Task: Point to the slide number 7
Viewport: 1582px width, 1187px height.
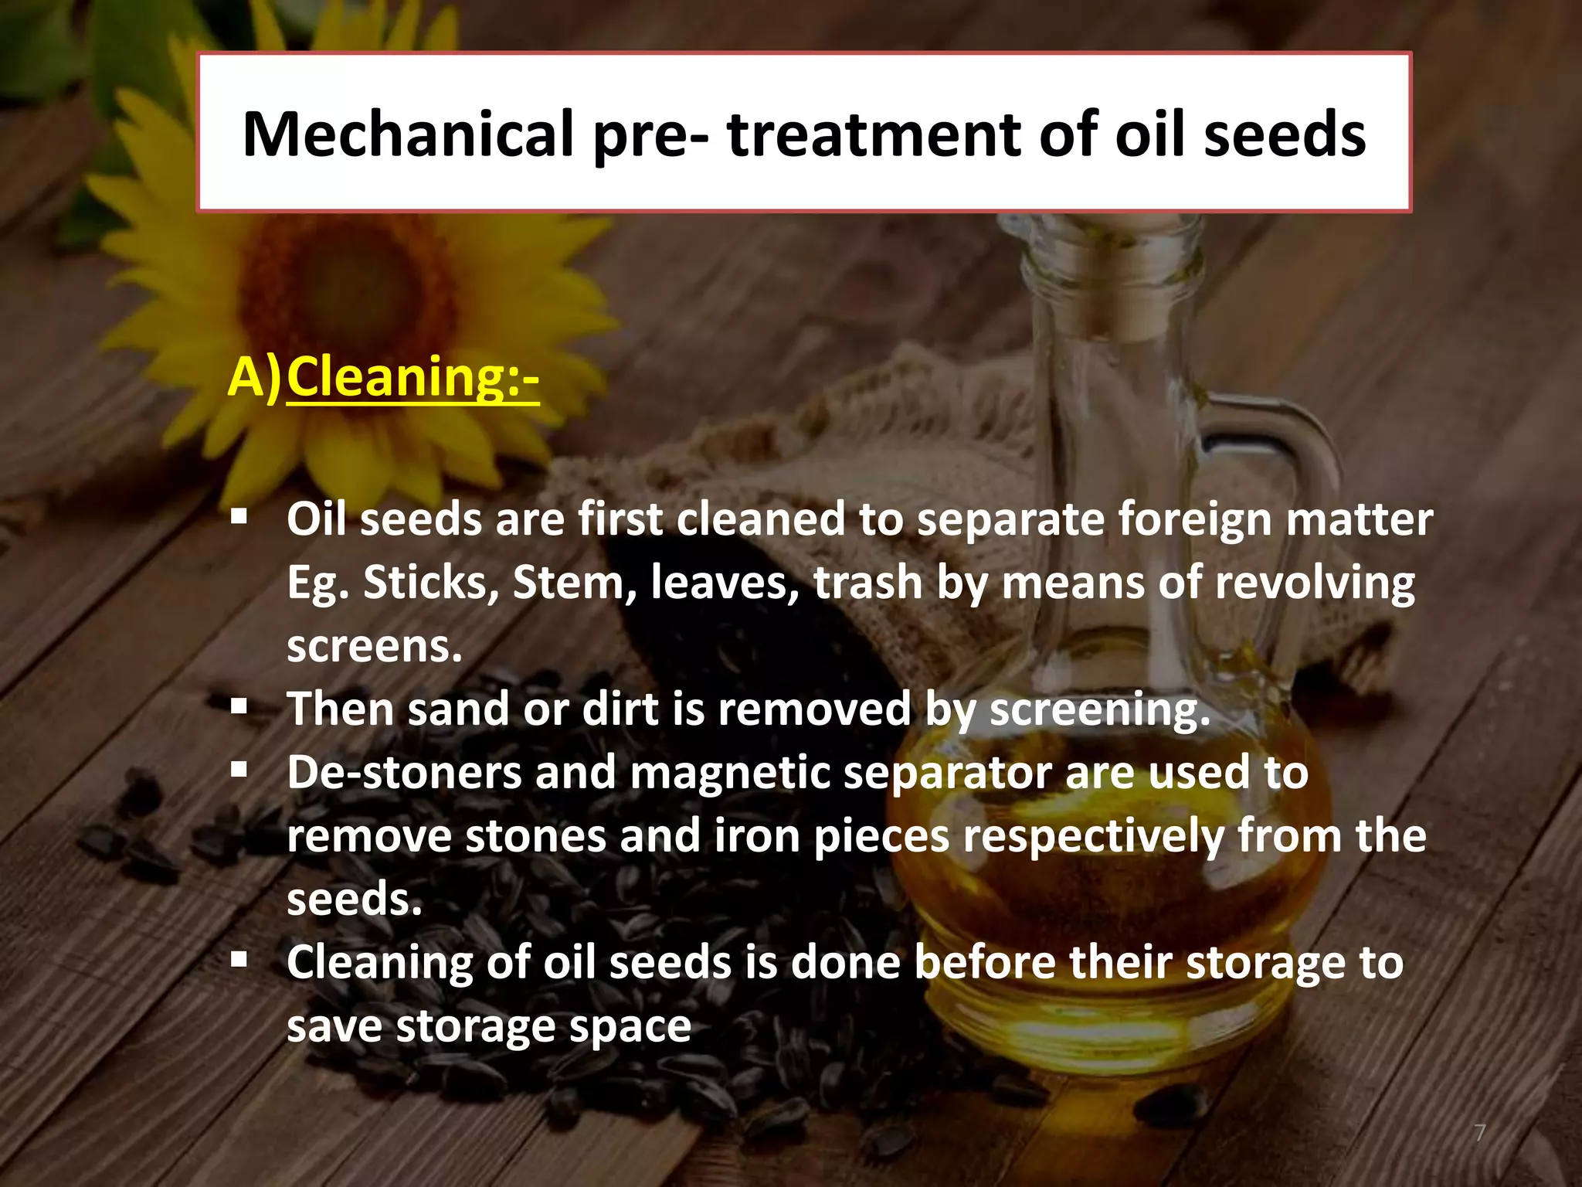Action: pyautogui.click(x=1479, y=1133)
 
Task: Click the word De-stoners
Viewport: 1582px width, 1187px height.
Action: pyautogui.click(x=404, y=773)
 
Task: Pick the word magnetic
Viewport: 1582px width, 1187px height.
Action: pyautogui.click(x=729, y=773)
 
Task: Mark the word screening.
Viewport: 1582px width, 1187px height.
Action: pyautogui.click(x=1099, y=709)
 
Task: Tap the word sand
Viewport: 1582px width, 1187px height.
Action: pyautogui.click(x=458, y=709)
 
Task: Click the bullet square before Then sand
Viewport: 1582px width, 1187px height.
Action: pyautogui.click(x=239, y=706)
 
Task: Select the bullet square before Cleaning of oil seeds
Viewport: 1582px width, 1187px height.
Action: pyautogui.click(x=239, y=960)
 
